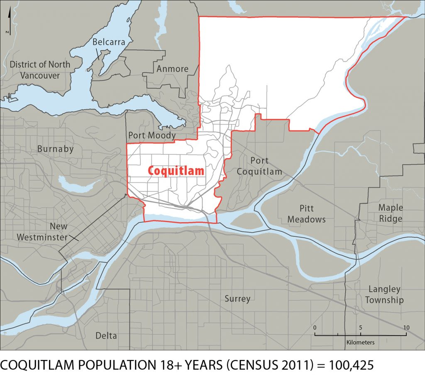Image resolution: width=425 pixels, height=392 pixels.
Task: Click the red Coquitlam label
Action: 176,171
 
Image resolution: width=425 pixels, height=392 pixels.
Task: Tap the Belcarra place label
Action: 109,42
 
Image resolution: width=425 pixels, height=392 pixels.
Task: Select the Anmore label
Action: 172,69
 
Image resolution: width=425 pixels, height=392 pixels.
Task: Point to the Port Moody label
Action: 151,135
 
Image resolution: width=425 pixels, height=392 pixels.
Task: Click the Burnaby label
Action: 55,149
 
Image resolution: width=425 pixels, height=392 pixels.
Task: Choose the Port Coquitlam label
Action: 259,166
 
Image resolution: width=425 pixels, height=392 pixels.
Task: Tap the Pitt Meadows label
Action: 306,213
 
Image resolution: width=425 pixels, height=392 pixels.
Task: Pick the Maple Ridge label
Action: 390,213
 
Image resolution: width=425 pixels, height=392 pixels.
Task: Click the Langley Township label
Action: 384,294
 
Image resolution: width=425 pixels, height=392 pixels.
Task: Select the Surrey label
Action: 237,299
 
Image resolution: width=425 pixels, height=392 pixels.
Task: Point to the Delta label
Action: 106,336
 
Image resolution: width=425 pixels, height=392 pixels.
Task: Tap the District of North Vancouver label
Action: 40,70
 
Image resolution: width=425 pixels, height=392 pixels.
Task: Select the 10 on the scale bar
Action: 406,328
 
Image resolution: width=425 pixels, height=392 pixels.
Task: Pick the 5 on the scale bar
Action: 360,328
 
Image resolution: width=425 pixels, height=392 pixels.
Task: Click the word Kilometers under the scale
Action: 360,343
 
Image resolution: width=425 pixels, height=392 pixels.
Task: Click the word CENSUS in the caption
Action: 236,365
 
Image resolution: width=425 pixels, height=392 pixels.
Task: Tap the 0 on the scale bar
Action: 315,328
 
